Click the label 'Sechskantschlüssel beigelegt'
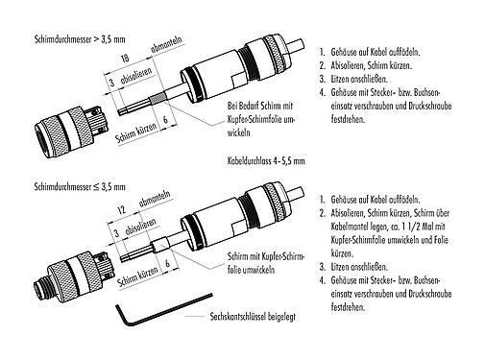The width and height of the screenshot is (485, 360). pyautogui.click(x=244, y=316)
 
